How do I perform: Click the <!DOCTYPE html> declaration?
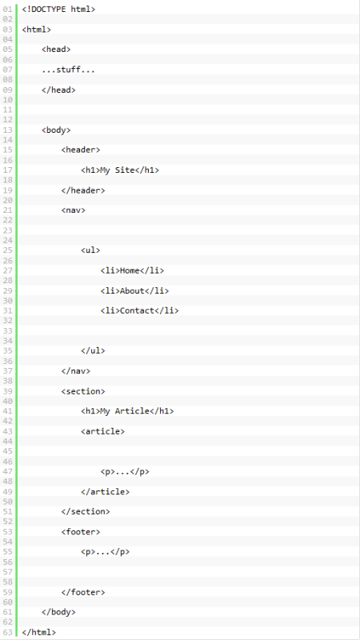58,9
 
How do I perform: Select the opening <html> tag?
37,30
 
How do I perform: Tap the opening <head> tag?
56,50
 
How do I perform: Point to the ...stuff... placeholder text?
68,70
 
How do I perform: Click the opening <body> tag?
56,130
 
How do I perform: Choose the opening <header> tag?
81,150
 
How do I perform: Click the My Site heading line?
120,170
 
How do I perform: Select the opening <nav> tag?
74,210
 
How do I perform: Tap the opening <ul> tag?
90,250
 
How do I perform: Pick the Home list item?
132,270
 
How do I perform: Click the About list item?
134,290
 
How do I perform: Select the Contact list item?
139,310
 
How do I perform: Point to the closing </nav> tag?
76,371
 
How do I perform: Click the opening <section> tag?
83,391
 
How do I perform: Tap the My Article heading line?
127,411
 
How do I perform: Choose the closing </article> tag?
106,492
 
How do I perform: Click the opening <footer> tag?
81,532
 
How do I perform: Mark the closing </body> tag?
58,612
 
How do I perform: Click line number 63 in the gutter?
7,633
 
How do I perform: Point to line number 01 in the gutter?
7,9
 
